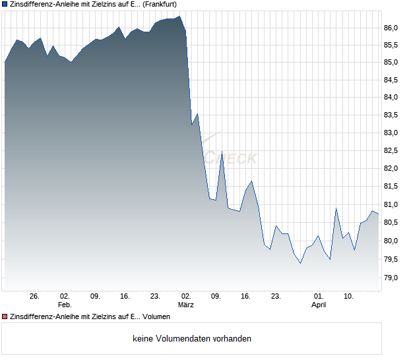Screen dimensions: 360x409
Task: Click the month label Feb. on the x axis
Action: [65, 305]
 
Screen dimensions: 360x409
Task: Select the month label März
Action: [186, 305]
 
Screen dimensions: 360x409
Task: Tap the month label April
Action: [319, 305]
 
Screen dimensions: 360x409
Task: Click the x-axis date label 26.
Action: [35, 297]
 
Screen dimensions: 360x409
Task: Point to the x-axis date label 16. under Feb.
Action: [125, 297]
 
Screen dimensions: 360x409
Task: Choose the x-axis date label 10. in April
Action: [349, 297]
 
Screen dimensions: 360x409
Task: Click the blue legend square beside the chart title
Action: [5, 4]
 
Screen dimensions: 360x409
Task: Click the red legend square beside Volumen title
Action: [5, 318]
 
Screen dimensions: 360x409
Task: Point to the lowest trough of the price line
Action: [300, 263]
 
